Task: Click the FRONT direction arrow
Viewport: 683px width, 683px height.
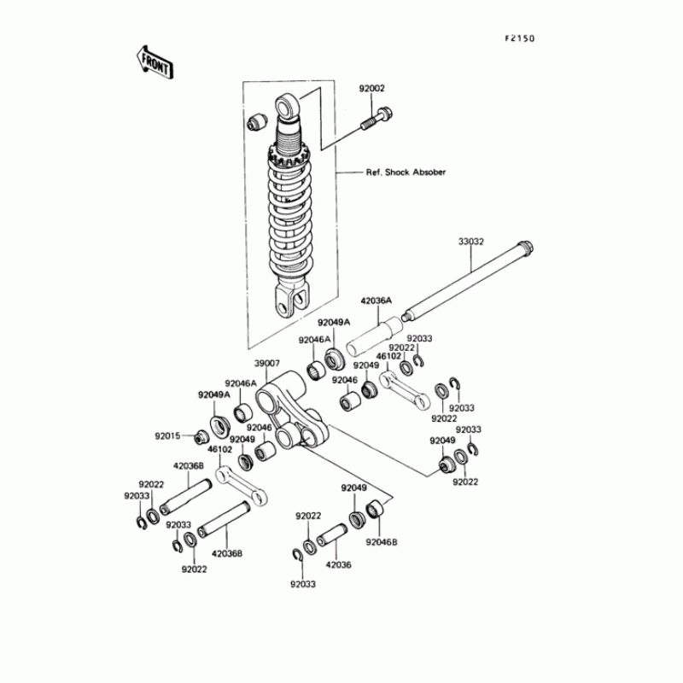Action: (x=155, y=61)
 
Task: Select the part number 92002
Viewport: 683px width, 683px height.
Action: (x=371, y=88)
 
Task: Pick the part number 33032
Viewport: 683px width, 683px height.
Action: (x=470, y=242)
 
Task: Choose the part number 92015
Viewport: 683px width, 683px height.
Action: (x=167, y=435)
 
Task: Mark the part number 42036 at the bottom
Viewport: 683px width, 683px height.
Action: (x=338, y=564)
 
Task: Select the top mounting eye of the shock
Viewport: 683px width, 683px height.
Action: (x=285, y=108)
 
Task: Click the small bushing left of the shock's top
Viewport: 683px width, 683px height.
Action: (x=255, y=122)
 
